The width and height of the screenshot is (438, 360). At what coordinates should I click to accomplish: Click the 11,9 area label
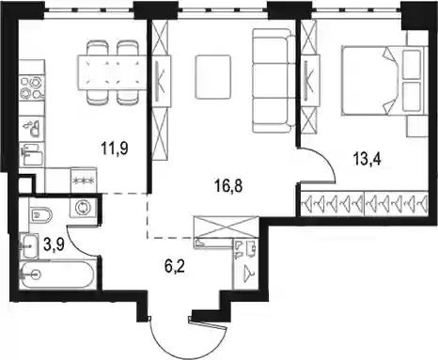click(x=115, y=148)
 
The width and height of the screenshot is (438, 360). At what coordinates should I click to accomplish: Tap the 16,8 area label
click(x=228, y=186)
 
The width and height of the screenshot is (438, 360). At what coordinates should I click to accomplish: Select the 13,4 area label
click(x=367, y=159)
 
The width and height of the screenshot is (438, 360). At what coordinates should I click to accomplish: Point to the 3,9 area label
click(x=55, y=245)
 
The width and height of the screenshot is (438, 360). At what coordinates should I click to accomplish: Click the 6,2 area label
click(x=175, y=267)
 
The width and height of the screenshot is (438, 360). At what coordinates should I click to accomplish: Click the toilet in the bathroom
click(x=40, y=214)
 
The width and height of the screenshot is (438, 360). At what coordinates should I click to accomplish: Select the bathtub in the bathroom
click(x=56, y=274)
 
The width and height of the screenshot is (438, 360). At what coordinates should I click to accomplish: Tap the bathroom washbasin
click(x=29, y=245)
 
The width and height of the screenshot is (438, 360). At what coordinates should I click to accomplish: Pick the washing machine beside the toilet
click(x=83, y=208)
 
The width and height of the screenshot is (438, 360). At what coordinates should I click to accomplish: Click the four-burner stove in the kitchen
click(x=32, y=87)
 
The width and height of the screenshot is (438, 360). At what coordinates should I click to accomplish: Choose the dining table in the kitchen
click(x=112, y=72)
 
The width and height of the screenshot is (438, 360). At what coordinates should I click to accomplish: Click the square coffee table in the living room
click(x=212, y=77)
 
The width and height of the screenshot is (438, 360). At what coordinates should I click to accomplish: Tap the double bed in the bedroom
click(x=384, y=80)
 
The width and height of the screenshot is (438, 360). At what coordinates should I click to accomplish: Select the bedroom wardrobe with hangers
click(x=364, y=203)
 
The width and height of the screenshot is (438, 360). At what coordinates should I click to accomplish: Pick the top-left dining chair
click(x=98, y=48)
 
